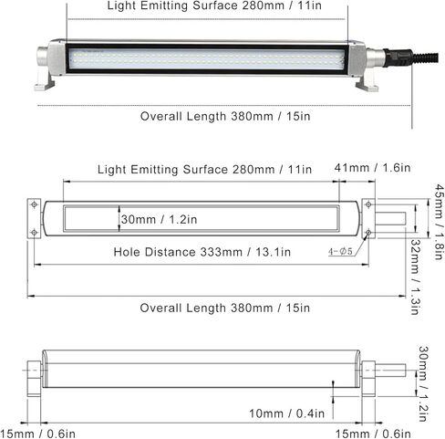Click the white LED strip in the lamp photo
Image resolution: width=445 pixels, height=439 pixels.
click(206, 58)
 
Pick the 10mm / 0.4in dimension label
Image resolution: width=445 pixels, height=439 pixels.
click(287, 413)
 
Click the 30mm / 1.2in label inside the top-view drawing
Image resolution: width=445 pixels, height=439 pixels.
click(160, 219)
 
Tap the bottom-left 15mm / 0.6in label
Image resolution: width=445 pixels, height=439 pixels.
click(37, 432)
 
